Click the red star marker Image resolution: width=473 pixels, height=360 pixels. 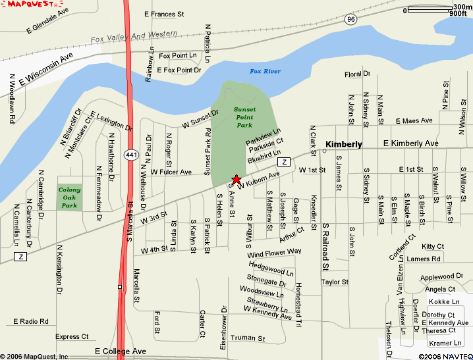click(x=236, y=180)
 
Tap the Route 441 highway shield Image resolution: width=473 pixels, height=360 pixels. click(x=131, y=155)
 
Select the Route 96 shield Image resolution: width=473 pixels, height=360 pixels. click(x=350, y=20)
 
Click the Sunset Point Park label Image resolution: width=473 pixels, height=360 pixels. click(x=244, y=116)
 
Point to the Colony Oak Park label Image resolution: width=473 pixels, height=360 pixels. click(x=70, y=197)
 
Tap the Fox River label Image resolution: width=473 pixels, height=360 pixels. click(x=265, y=71)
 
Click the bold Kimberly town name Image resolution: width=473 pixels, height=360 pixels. click(x=344, y=143)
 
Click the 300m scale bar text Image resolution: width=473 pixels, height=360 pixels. click(x=462, y=7)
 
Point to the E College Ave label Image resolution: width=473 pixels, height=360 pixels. click(x=121, y=351)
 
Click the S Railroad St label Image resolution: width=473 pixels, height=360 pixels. click(x=325, y=246)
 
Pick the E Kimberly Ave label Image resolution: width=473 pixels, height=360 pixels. click(x=410, y=143)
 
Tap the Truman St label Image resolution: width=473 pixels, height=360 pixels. click(x=248, y=338)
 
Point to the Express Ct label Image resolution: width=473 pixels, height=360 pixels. click(x=72, y=337)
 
